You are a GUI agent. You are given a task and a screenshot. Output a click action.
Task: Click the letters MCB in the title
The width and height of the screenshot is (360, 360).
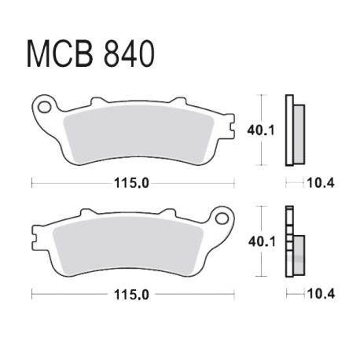[60, 53]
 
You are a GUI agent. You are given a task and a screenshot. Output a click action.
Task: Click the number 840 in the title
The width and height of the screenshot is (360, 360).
[129, 53]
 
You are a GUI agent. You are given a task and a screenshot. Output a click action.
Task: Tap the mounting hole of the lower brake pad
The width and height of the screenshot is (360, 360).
[222, 218]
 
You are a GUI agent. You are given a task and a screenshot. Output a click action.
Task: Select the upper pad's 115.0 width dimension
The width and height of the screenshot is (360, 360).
[131, 183]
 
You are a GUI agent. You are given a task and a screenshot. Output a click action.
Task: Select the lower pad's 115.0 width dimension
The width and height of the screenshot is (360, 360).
[131, 295]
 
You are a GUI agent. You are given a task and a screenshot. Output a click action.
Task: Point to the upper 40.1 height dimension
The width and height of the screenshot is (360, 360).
[261, 130]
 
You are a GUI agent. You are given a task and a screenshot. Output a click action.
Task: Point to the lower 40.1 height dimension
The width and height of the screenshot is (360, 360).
[262, 241]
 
